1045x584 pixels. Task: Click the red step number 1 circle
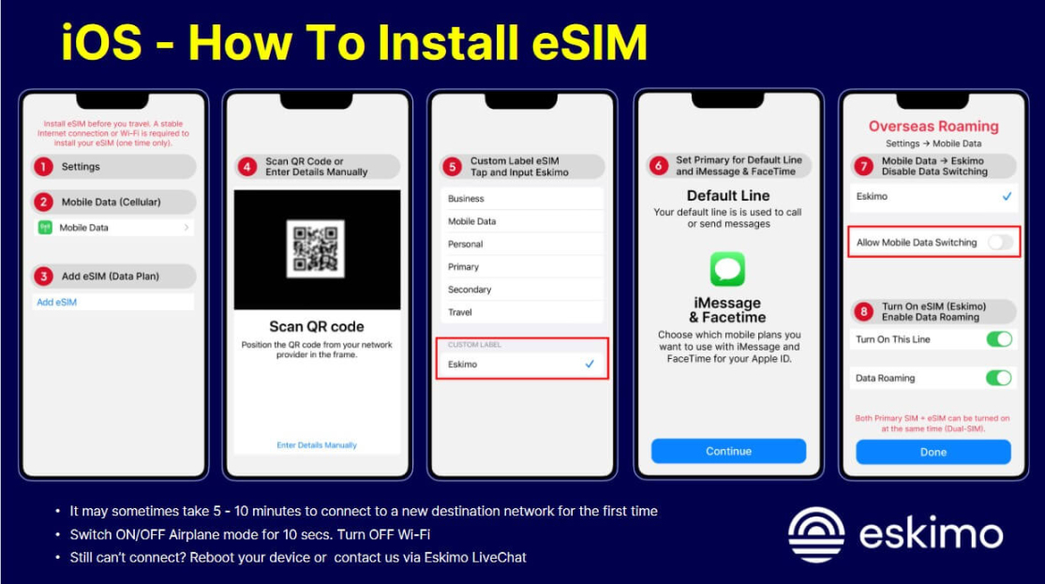coord(42,167)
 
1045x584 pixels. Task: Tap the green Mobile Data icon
coord(45,228)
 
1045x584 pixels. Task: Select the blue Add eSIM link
coord(56,302)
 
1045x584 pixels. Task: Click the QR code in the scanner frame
coord(315,249)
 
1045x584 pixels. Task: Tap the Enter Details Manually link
coord(317,445)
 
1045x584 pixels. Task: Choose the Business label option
coord(466,199)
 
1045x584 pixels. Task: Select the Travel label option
coord(460,312)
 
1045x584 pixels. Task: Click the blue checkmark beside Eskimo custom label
coord(590,364)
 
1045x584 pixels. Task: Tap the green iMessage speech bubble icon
coord(727,269)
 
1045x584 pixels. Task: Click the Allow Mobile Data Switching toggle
coord(999,243)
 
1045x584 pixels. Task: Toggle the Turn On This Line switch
coord(998,339)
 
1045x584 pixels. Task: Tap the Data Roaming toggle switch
coord(998,379)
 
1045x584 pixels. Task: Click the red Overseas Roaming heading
coord(933,127)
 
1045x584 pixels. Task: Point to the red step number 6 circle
coord(658,166)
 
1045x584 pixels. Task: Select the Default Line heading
coord(728,196)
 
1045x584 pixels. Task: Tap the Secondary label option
coord(470,290)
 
